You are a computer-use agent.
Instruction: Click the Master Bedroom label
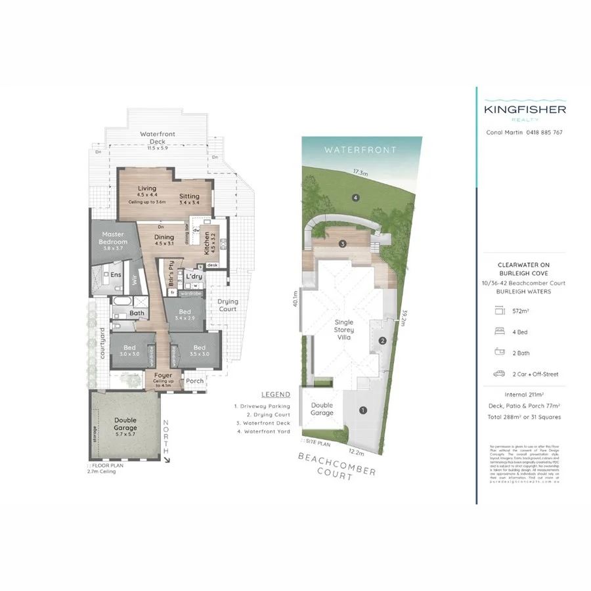(114, 238)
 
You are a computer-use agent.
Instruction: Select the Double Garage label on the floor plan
(125, 424)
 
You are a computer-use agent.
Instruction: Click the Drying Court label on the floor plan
(228, 305)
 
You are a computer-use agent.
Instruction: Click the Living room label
(147, 188)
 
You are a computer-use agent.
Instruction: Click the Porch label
(195, 381)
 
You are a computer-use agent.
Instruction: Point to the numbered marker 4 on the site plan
(355, 197)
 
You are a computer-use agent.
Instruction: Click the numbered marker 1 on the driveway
(362, 411)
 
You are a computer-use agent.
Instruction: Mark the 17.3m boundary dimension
(359, 172)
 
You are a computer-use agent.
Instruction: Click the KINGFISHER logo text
(525, 110)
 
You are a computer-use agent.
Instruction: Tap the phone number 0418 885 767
(544, 132)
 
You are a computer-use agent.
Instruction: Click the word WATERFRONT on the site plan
(361, 150)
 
